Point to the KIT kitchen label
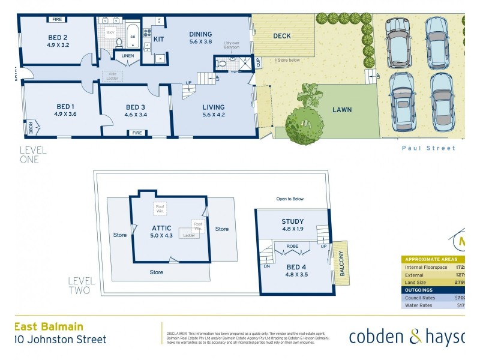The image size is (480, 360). pyautogui.click(x=159, y=39)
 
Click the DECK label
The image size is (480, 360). pyautogui.click(x=282, y=36)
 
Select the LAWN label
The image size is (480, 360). pyautogui.click(x=342, y=110)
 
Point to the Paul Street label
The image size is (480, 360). pyautogui.click(x=428, y=148)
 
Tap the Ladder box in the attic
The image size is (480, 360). pyautogui.click(x=190, y=235)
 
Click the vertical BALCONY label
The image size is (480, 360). pyautogui.click(x=342, y=263)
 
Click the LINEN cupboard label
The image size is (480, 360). pyautogui.click(x=128, y=56)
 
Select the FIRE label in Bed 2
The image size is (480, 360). pyautogui.click(x=57, y=20)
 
